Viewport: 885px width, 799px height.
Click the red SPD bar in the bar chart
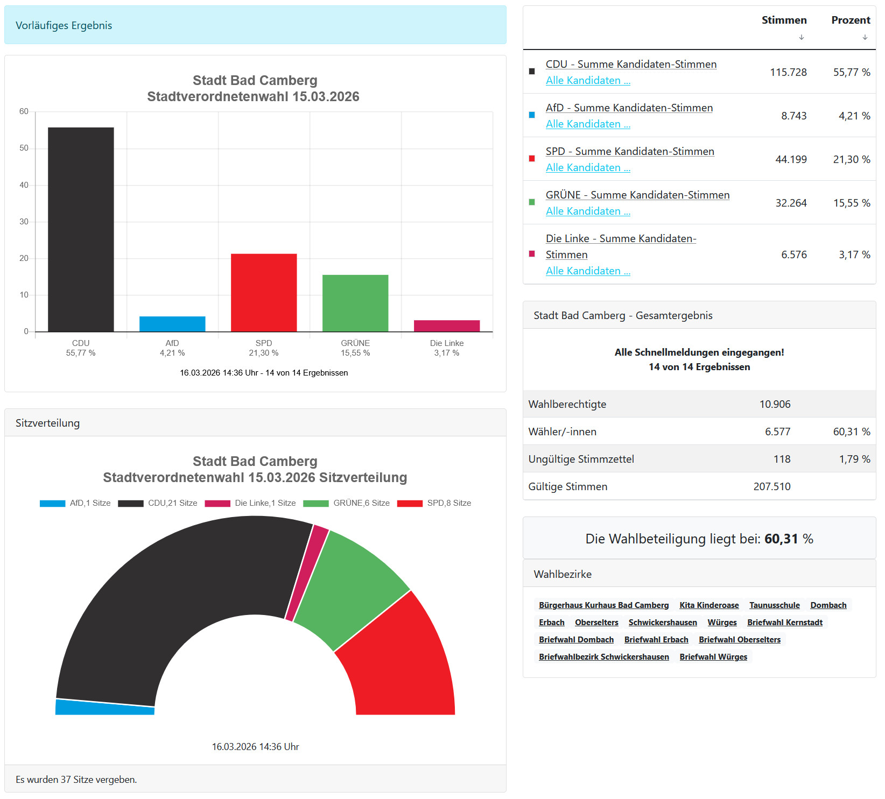coord(264,292)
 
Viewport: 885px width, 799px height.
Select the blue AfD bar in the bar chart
coord(172,324)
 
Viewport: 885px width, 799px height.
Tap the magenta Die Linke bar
coord(447,326)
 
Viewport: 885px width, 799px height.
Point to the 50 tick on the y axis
coord(24,148)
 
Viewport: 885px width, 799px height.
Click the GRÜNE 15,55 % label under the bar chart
coord(355,348)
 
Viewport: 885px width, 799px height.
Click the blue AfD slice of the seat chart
coord(105,707)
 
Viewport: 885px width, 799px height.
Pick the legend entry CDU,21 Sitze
coord(158,503)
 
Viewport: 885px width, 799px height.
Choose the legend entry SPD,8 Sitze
coord(434,503)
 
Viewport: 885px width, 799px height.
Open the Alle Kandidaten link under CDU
coord(588,80)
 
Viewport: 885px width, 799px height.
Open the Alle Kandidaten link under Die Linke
coord(588,271)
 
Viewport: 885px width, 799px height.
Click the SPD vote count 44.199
coord(791,159)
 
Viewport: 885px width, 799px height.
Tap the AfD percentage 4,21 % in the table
coord(854,116)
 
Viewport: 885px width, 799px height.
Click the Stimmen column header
coord(784,20)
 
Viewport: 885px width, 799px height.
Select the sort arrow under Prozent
coord(865,37)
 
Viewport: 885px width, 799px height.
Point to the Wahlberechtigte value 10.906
coord(775,404)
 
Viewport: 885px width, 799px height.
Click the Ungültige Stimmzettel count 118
coord(782,459)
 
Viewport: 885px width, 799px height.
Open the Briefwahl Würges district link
coord(713,657)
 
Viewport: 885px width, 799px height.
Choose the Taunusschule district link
coord(774,605)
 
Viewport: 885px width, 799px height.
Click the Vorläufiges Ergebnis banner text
coord(64,25)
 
